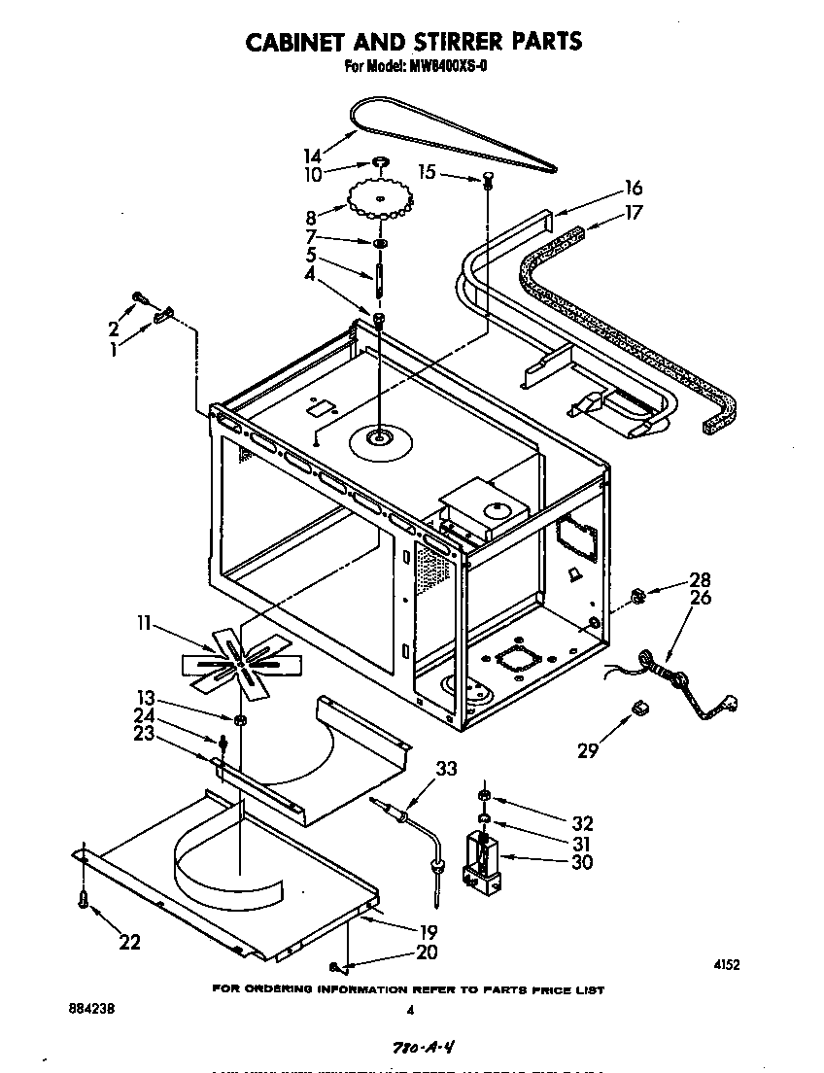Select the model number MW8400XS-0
[x=445, y=67]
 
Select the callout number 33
[x=445, y=769]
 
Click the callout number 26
[x=700, y=598]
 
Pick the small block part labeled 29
[x=640, y=710]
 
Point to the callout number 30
[x=582, y=861]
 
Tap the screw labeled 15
[x=487, y=179]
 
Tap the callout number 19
[x=427, y=931]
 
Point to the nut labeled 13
[x=238, y=720]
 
